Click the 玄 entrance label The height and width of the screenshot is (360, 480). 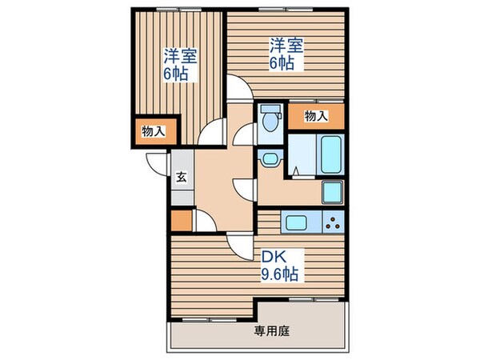point(181,178)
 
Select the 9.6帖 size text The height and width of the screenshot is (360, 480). point(281,275)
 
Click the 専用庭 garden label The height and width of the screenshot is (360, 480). point(272,330)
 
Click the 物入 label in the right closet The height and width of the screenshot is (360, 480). point(316,116)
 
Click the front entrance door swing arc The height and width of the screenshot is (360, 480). point(156,162)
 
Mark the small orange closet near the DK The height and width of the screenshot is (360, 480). point(182,220)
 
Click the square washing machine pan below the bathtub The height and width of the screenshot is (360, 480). point(332,193)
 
